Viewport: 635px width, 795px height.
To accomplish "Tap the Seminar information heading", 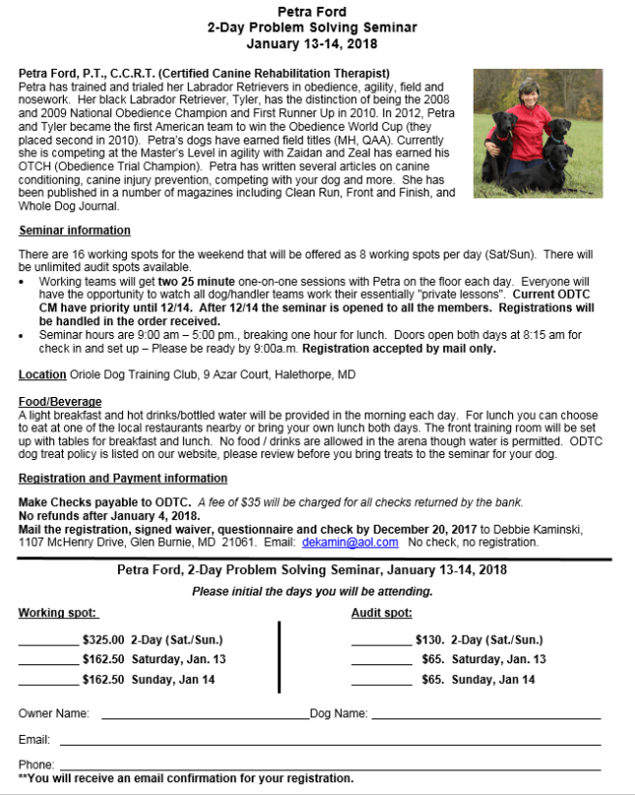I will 74,230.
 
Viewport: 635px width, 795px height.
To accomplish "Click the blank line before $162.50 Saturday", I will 47,659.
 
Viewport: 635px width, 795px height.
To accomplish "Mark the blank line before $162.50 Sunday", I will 47,679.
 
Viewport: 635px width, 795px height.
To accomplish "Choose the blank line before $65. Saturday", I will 381,659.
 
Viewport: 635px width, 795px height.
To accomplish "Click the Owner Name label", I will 54,713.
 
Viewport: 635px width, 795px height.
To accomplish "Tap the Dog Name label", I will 338,713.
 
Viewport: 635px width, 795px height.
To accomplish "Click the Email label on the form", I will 34,739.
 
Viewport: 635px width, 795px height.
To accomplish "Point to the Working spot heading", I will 57,613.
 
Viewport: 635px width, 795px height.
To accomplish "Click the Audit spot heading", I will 381,613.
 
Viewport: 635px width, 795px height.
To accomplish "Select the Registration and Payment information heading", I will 123,478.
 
